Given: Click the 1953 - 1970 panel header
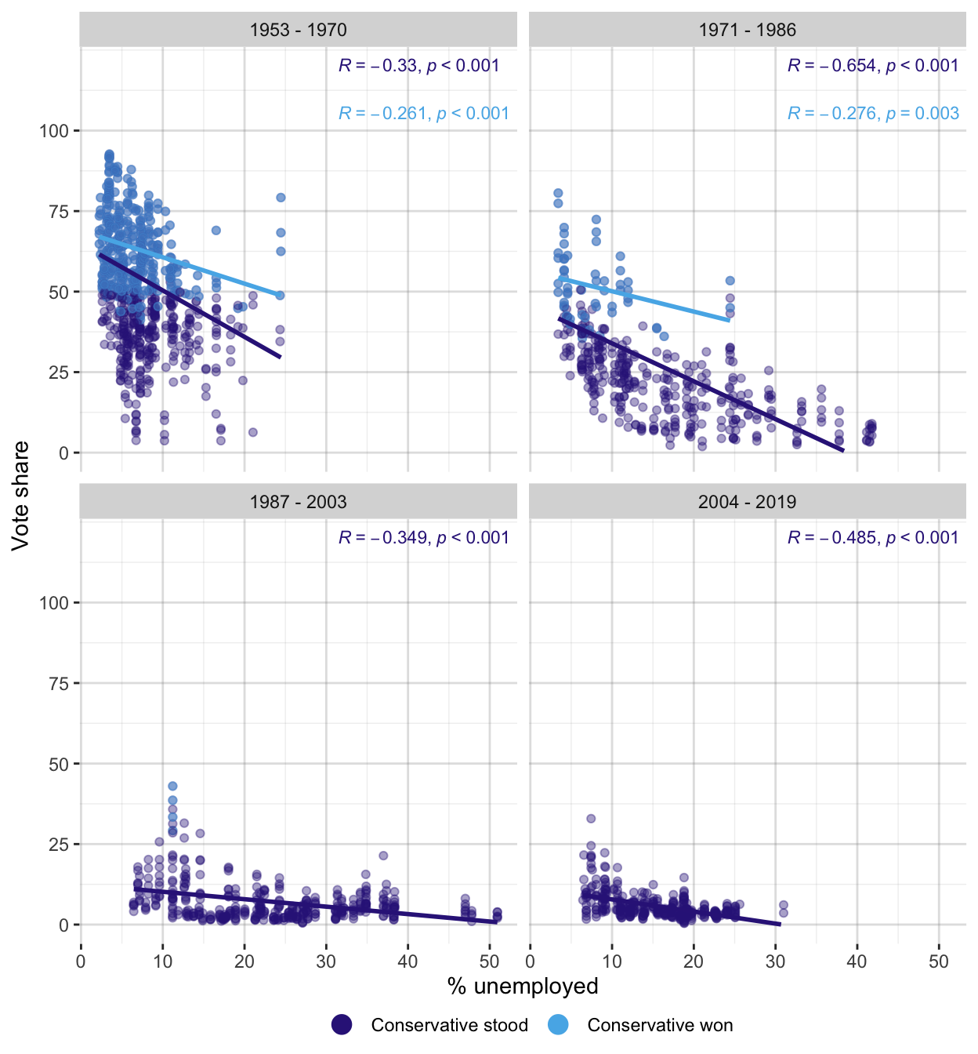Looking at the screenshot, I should pos(298,30).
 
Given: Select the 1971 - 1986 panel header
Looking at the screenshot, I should pos(747,30).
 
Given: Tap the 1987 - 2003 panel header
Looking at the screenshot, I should pos(298,502).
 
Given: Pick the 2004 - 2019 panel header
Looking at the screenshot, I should pos(747,502).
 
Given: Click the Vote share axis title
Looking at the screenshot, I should pos(20,496).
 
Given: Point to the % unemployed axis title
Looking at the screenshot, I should pos(523,986).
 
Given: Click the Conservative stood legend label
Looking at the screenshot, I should pos(449,1025).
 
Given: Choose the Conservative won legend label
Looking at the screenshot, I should pos(660,1025).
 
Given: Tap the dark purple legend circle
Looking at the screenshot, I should pos(342,1024).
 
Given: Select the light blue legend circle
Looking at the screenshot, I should pos(558,1024).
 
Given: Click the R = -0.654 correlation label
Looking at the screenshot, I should pos(873,66).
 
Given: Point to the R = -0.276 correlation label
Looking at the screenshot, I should pos(873,114).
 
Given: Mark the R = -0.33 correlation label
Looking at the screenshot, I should pos(419,66).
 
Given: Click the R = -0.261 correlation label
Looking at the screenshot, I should pos(424,114).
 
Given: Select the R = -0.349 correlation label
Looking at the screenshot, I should pos(424,538).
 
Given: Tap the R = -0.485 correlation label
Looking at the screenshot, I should pos(873,538).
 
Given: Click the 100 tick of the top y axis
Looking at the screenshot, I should pos(54,131).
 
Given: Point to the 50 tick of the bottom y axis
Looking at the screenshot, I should pos(59,764).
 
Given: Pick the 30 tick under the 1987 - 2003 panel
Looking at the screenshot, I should pos(326,961).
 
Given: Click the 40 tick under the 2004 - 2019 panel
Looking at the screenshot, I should pos(857,961).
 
